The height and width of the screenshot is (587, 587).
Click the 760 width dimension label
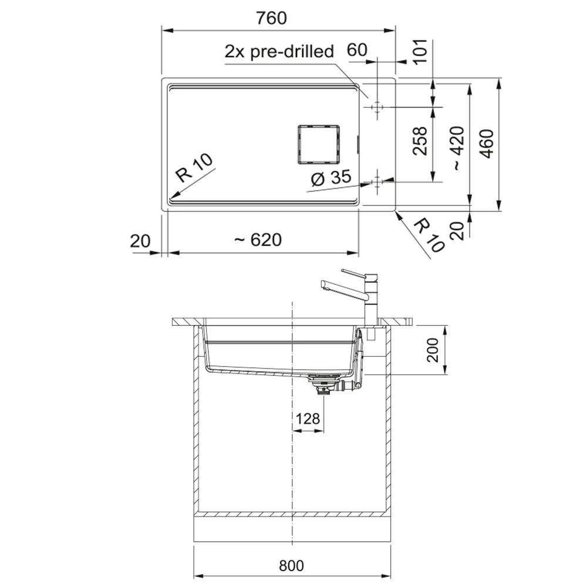point(271,18)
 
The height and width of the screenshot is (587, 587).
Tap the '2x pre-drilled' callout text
point(279,51)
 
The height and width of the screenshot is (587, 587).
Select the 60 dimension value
point(357,49)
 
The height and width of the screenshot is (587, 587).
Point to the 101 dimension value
point(421,52)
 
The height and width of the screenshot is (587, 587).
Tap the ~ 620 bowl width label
point(258,239)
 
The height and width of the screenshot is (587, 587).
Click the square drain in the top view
point(319,144)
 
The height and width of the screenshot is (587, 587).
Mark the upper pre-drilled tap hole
point(377,107)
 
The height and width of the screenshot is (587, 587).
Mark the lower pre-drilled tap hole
point(377,183)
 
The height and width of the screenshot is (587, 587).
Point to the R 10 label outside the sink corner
point(430,236)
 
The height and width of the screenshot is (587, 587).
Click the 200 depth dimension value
point(433,350)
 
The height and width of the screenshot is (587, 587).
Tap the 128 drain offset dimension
point(308,419)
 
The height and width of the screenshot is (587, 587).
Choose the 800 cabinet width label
point(292,566)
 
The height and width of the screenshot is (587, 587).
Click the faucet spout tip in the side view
point(323,284)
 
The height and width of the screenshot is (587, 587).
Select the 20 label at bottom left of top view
point(140,241)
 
